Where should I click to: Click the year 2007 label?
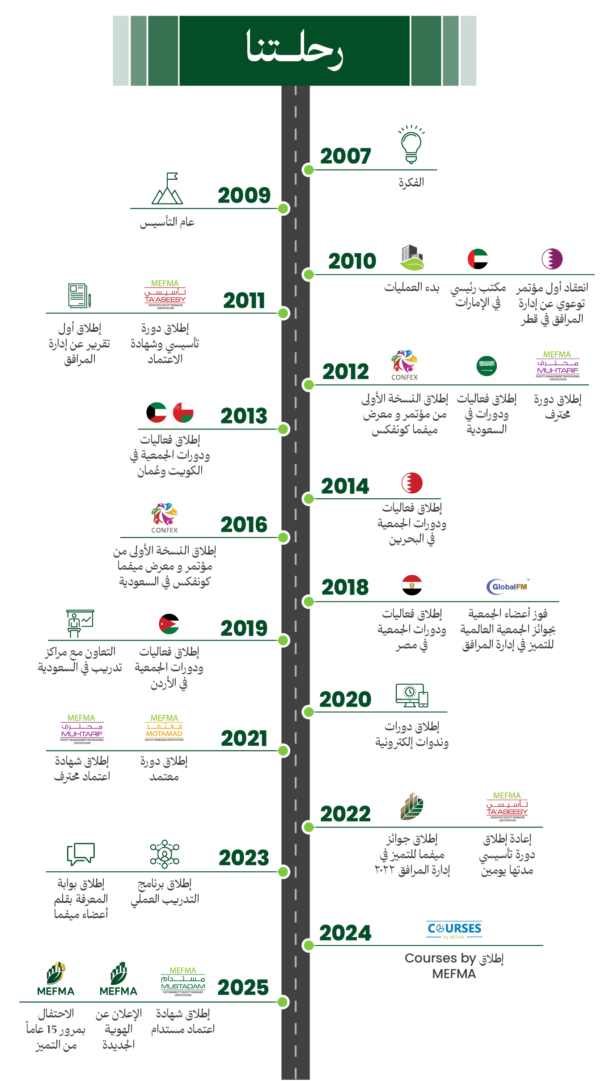pos(345,156)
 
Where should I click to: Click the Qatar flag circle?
pos(552,259)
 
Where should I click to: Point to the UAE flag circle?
pos(478,259)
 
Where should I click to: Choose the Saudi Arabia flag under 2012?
pos(487,366)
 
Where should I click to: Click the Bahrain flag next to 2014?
pos(412,483)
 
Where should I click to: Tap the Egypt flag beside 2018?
pos(412,585)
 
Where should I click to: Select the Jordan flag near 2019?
pos(169,624)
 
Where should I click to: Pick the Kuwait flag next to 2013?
pos(157,412)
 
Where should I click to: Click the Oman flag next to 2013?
pos(183,412)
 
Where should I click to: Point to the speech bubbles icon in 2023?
pos(81,854)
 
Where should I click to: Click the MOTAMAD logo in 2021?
pos(164,728)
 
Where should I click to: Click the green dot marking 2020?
pos(308,712)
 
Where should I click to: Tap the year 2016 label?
pos(244,525)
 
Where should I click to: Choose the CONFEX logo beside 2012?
pos(404,365)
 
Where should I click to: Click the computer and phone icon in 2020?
pos(412,696)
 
